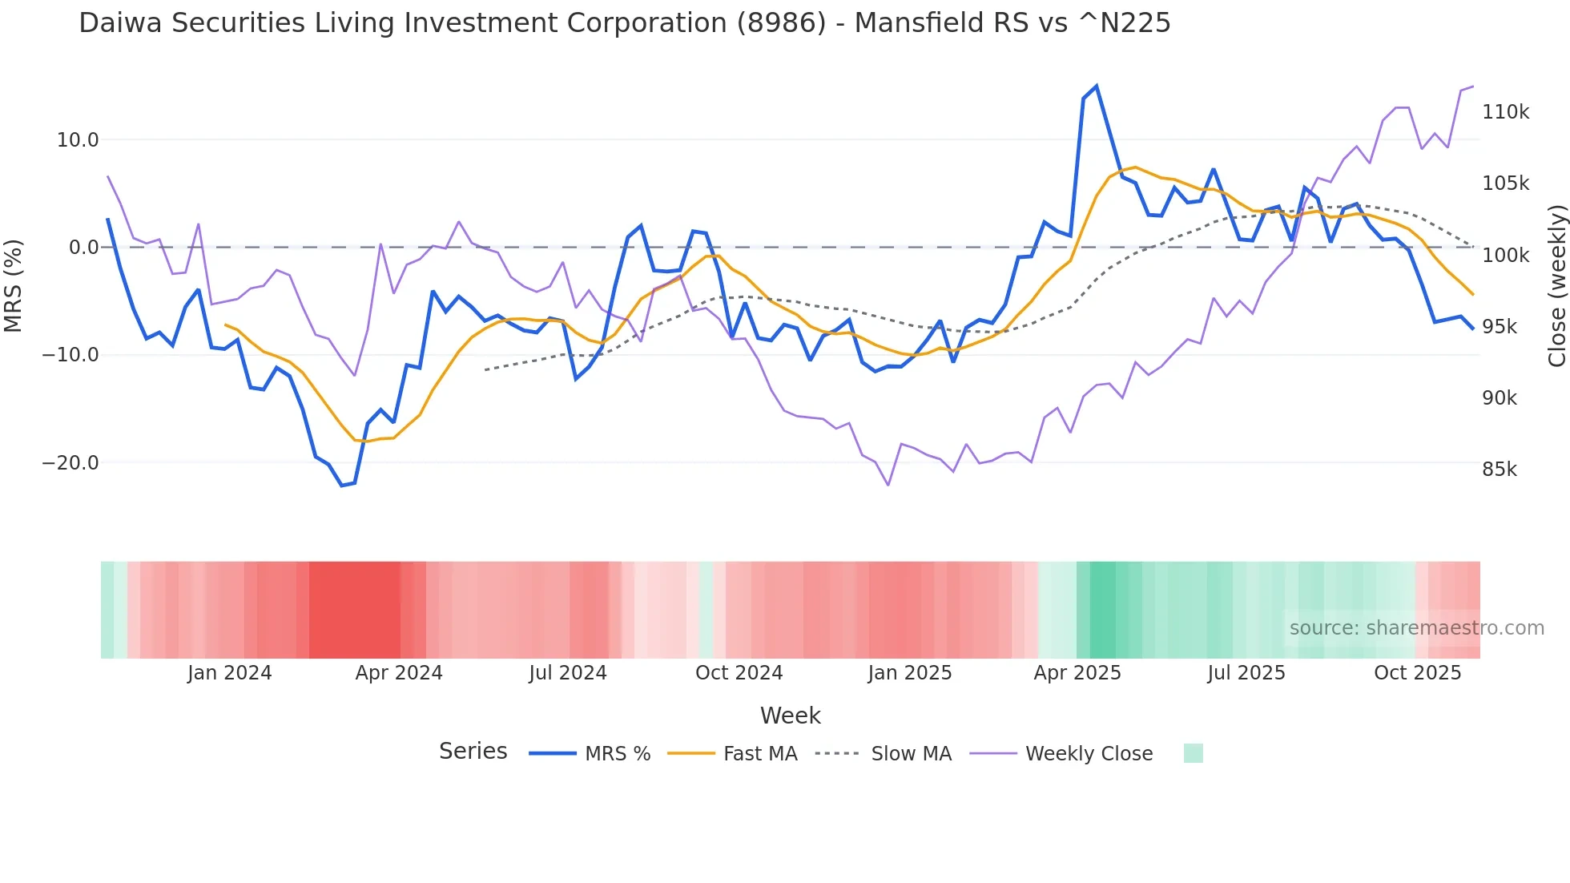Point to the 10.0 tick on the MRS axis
tap(78, 140)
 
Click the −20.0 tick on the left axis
tap(70, 463)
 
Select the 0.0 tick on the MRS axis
tap(83, 248)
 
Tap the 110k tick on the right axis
tap(1505, 112)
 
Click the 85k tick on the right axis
tap(1499, 470)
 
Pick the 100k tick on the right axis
tap(1505, 256)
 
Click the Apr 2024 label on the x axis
tap(399, 673)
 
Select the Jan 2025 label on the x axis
tap(910, 673)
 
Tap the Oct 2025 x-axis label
tap(1418, 673)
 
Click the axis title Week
tap(790, 716)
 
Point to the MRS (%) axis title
tap(14, 285)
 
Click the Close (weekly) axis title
tap(1556, 286)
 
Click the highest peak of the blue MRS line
tap(1096, 87)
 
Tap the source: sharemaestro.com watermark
tap(1416, 628)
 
